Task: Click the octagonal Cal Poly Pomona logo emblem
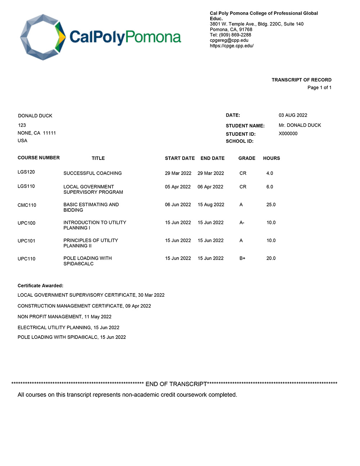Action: pos(43,37)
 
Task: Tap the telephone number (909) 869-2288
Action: pos(235,35)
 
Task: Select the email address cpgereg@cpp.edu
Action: pos(229,40)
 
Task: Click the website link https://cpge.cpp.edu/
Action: pos(231,46)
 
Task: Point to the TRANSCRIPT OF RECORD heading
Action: pos(301,80)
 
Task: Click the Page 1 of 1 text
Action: pos(319,88)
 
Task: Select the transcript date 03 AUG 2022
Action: pos(293,115)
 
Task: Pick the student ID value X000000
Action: pos(288,134)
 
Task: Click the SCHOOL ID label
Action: pos(239,141)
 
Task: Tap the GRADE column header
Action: pos(247,158)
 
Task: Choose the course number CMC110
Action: pos(27,205)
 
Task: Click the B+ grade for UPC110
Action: pos(242,258)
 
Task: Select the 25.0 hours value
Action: pos(271,205)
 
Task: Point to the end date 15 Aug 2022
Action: pos(211,205)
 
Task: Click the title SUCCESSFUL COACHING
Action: pos(93,173)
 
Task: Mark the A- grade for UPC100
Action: pos(242,223)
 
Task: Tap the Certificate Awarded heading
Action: pos(40,286)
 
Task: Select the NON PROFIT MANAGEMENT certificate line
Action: pos(64,317)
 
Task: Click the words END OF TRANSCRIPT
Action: pos(176,384)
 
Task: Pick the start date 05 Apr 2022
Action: pos(178,187)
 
